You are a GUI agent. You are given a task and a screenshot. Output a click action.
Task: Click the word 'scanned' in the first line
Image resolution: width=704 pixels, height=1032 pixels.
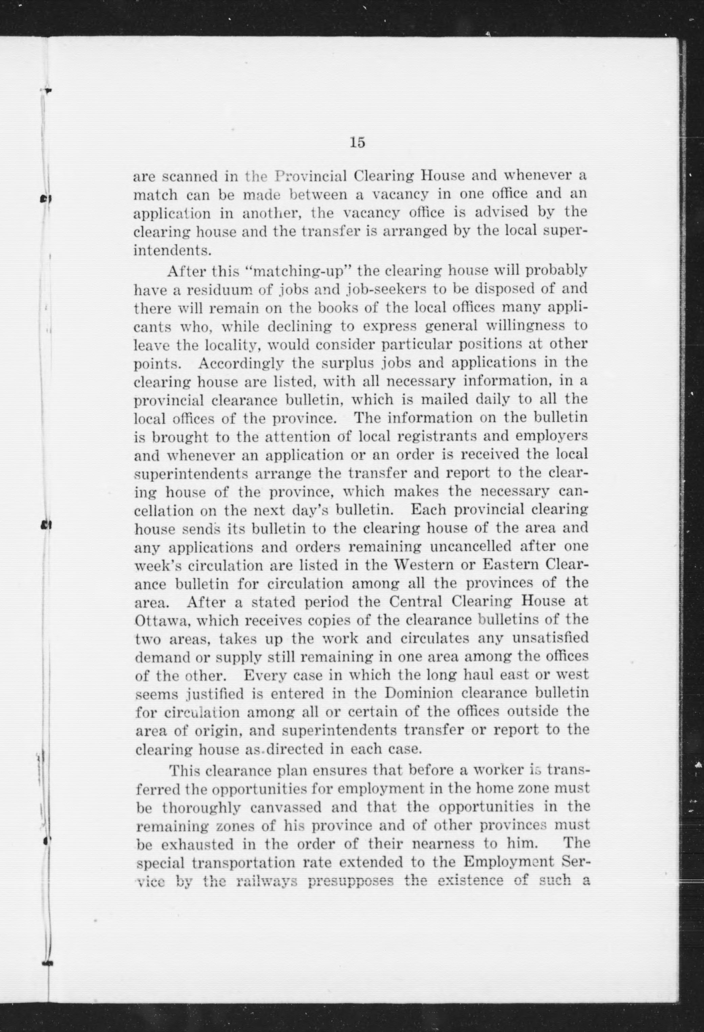coord(187,177)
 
